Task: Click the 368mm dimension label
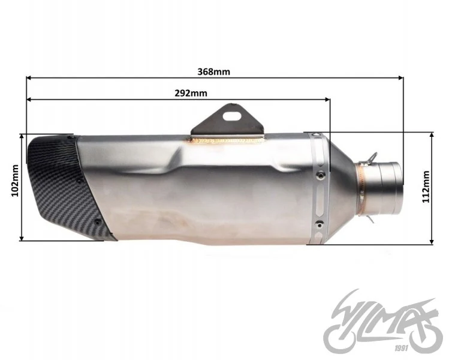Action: coord(213,71)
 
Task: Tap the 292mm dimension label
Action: coord(191,93)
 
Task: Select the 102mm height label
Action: coord(15,181)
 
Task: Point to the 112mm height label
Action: coord(426,187)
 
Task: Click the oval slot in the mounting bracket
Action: coord(232,116)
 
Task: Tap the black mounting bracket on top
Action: coord(227,121)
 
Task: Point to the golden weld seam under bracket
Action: coord(228,140)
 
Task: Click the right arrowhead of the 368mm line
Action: coord(401,77)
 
